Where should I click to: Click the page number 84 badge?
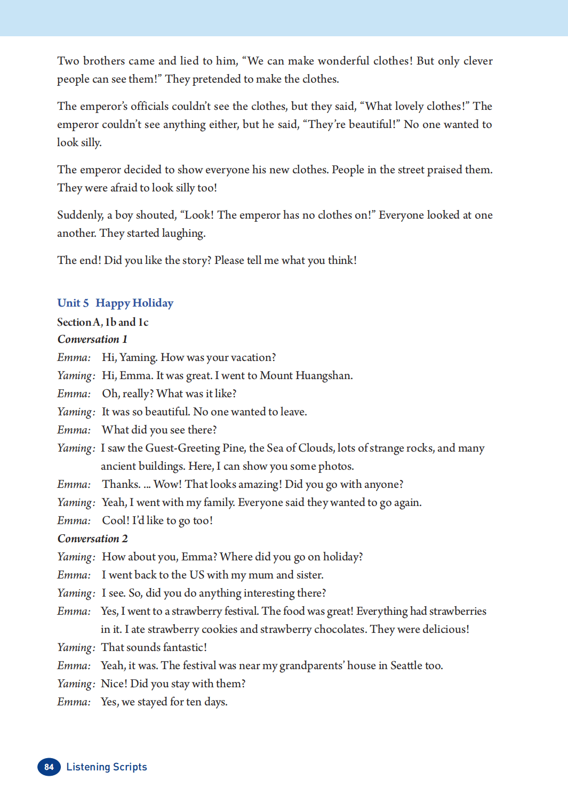(x=49, y=767)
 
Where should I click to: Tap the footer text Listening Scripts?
(x=107, y=767)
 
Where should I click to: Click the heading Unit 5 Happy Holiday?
(x=115, y=303)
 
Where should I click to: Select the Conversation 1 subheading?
(x=92, y=339)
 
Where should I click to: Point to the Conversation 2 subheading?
(x=92, y=538)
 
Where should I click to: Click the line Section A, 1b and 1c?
(x=102, y=322)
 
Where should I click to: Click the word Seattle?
(x=406, y=665)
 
